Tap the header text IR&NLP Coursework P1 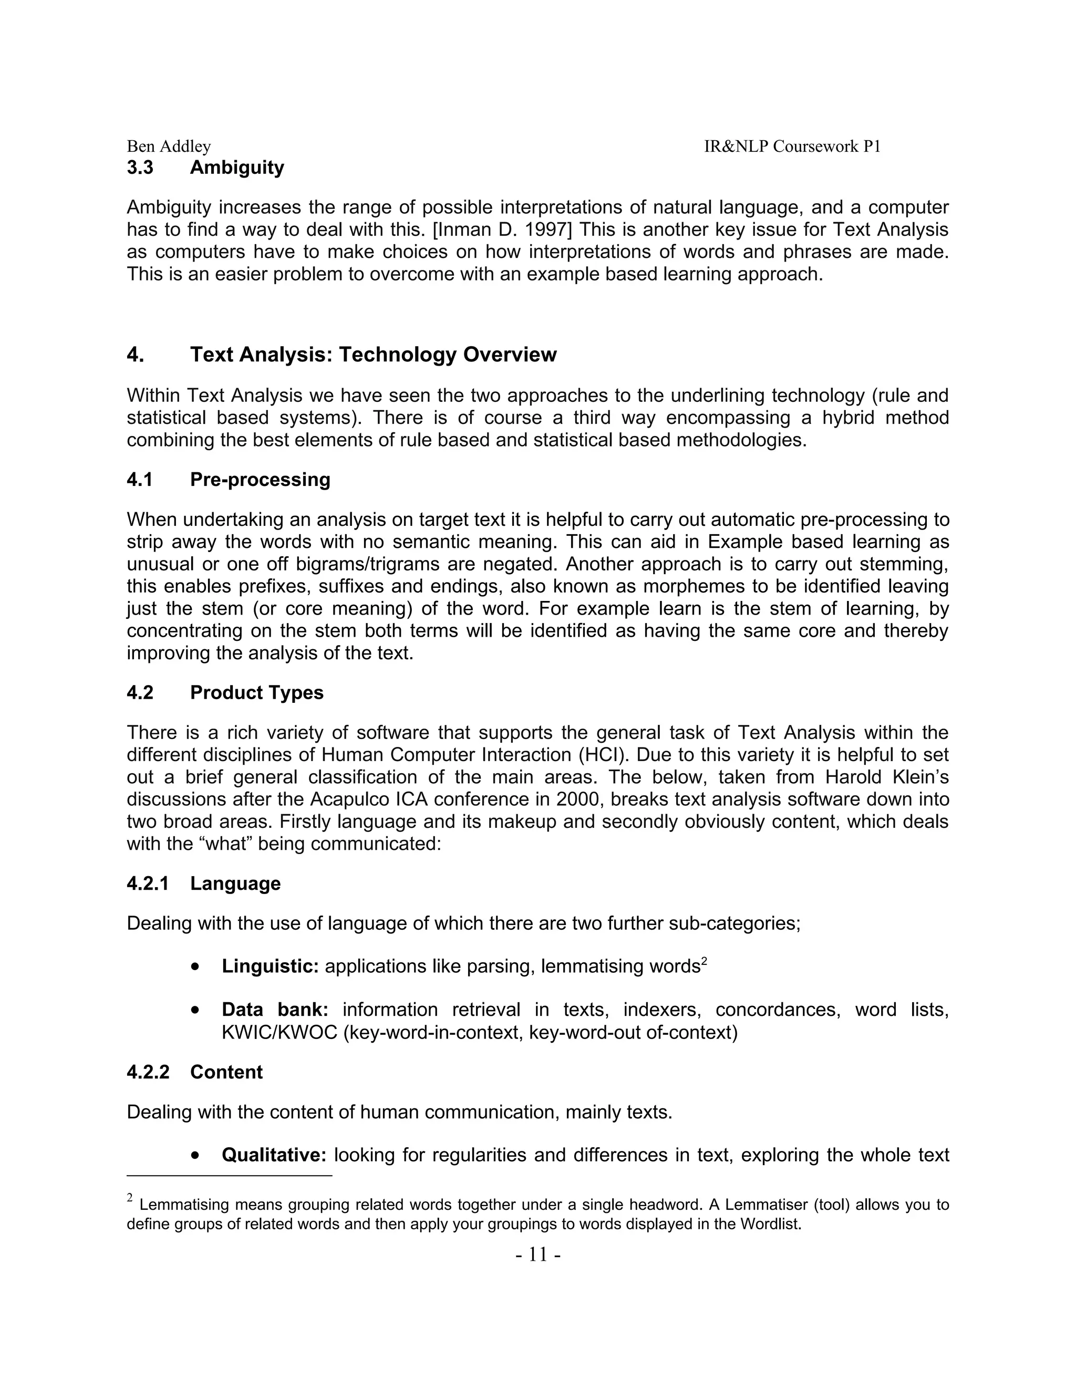792,147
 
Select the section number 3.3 140,168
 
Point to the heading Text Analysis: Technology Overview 373,355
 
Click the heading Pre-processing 260,479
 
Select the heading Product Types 256,693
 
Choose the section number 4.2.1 148,884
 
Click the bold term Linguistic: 270,966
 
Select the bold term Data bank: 275,1010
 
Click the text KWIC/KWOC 279,1032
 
